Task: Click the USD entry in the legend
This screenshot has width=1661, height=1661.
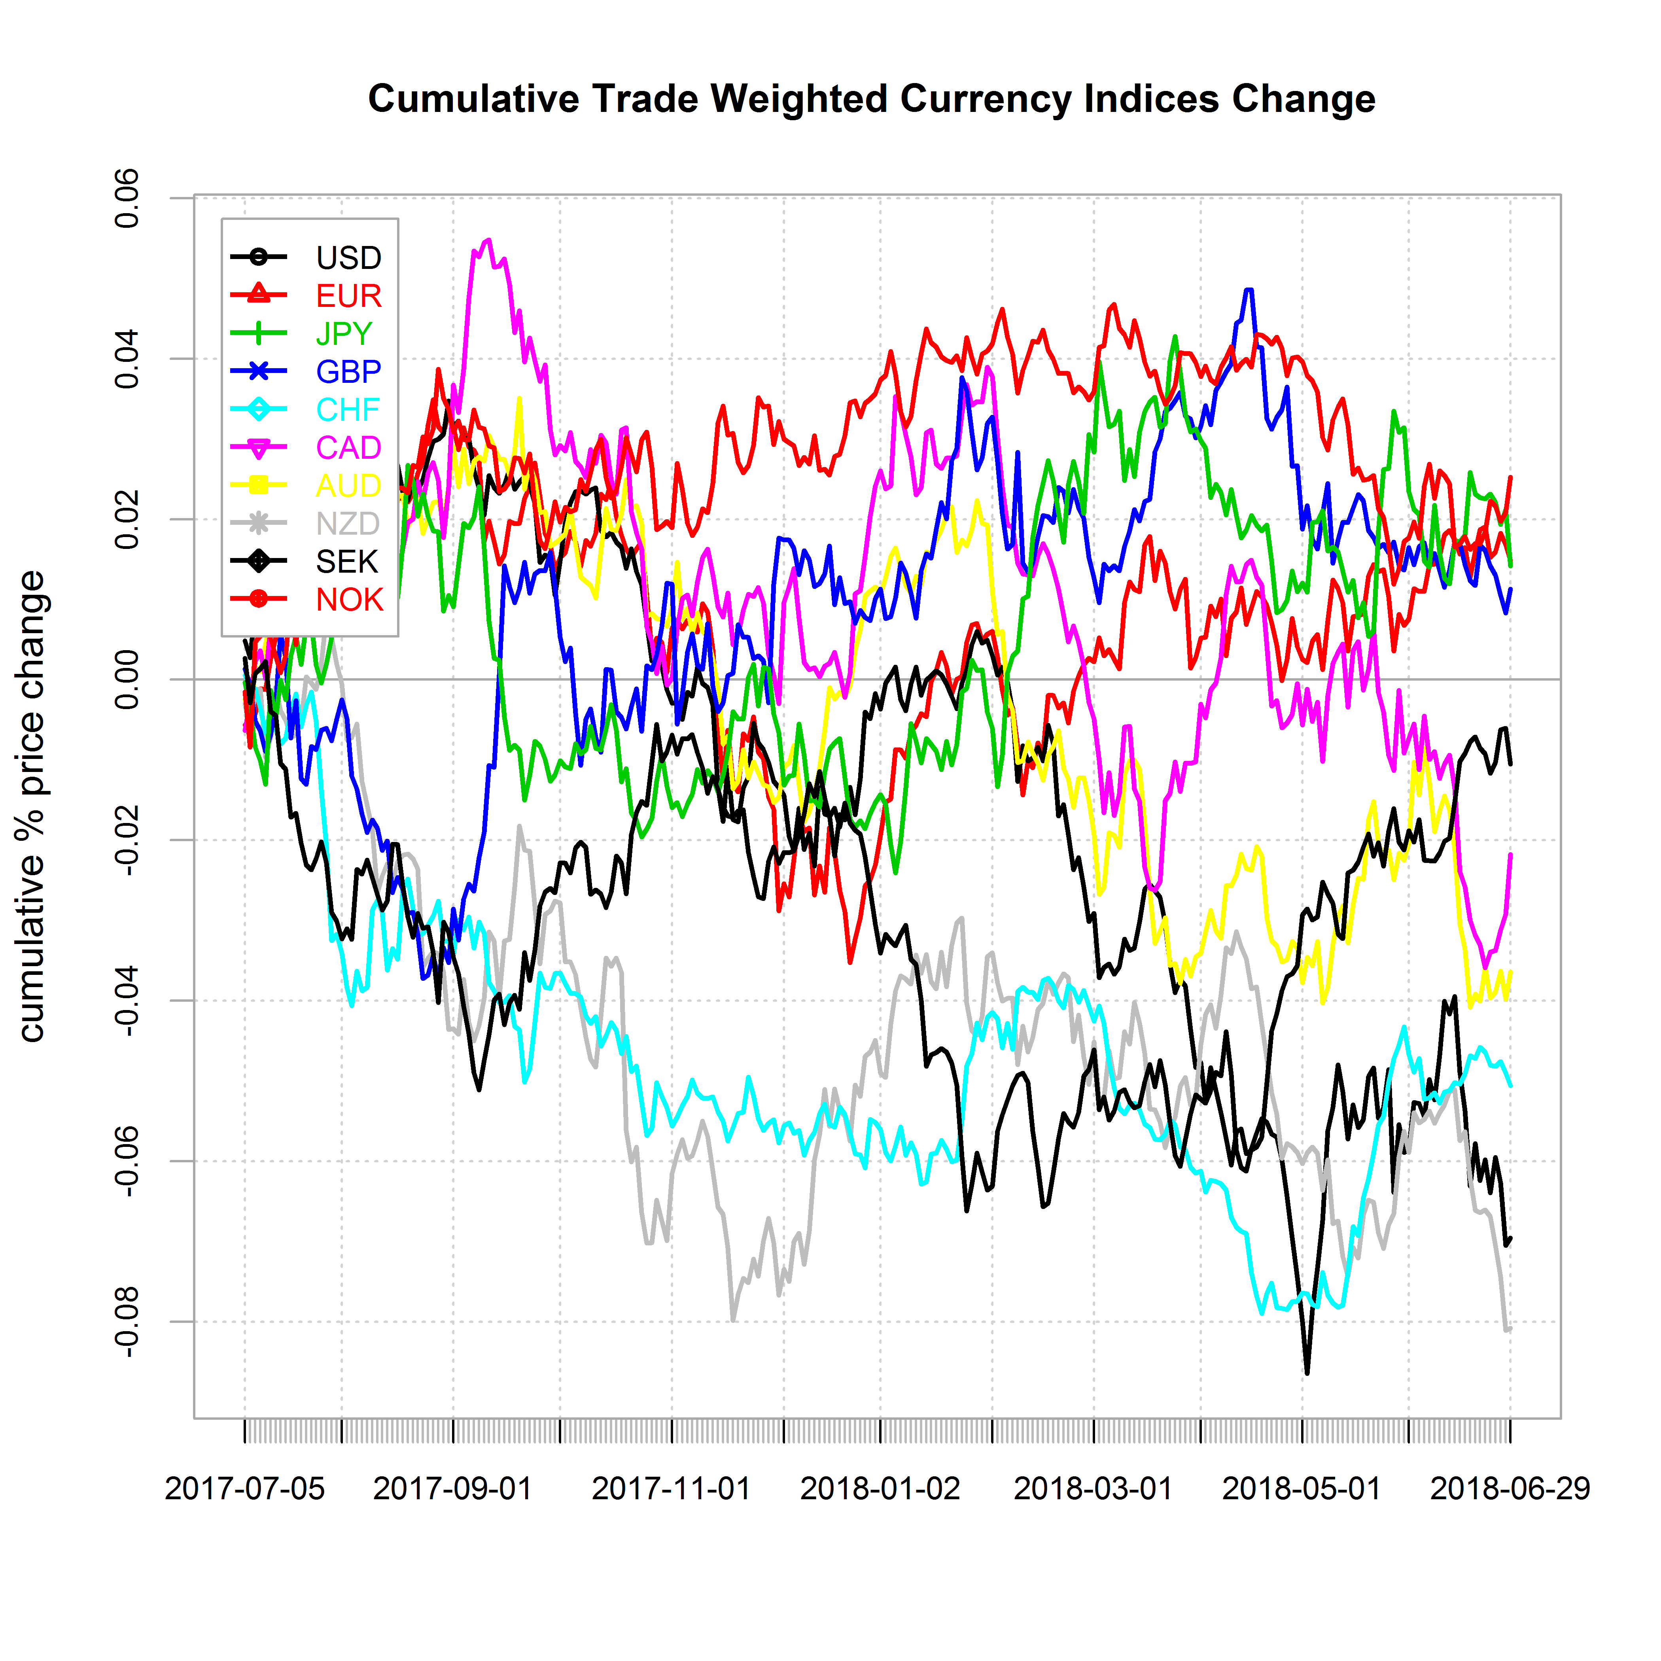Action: [x=348, y=258]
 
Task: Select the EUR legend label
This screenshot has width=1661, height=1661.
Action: [x=348, y=296]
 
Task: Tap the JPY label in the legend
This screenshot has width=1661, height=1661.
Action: [x=344, y=333]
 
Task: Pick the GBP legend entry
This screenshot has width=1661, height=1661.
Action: [x=348, y=371]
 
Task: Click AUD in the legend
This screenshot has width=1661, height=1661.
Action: [x=348, y=486]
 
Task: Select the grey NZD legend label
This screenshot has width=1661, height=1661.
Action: [x=347, y=524]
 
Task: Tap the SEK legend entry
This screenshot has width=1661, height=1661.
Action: [x=346, y=562]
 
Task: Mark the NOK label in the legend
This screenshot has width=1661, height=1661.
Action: [x=349, y=599]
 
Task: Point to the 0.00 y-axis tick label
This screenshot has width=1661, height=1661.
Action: [x=127, y=679]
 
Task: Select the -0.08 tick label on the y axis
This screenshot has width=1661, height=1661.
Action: [x=127, y=1322]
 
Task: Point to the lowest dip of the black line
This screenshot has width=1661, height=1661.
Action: [x=1307, y=1374]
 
